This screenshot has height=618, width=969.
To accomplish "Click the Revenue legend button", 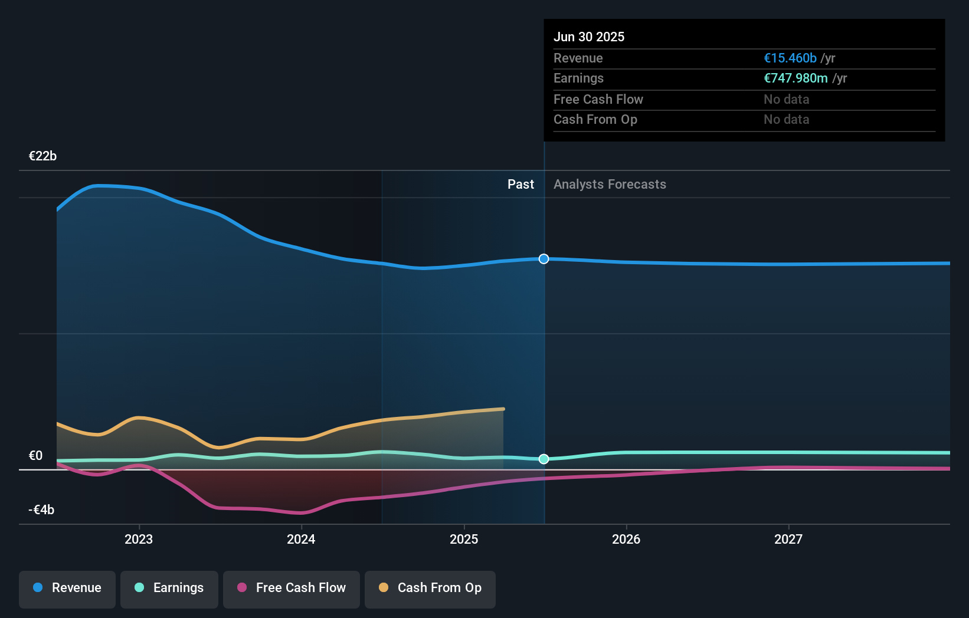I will point(67,588).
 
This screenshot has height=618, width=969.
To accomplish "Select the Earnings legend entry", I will point(169,588).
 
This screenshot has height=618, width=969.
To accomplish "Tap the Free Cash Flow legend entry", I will point(292,588).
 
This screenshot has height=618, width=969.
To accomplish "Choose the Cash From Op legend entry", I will point(430,588).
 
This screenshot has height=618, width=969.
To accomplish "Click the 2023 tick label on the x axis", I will point(139,539).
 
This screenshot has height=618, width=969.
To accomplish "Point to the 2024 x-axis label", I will point(301,539).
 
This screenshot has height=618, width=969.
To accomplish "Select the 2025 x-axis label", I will point(464,539).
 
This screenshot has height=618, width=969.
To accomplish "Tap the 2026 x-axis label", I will point(626,539).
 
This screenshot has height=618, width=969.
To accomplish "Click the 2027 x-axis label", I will point(788,539).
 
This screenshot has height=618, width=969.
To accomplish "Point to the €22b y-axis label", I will point(42,156).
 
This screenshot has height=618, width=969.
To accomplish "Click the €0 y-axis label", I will point(35,456).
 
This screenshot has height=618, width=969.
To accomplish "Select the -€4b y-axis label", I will point(41,510).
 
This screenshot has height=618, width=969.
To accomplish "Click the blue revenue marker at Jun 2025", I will point(544,259).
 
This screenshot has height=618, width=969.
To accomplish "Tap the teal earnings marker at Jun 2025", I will point(544,459).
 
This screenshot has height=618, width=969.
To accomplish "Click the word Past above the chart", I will point(520,185).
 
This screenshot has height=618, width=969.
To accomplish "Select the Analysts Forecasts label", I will point(610,185).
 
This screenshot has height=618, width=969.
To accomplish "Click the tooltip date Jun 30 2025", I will point(588,37).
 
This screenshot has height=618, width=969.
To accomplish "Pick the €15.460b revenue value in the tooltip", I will point(790,58).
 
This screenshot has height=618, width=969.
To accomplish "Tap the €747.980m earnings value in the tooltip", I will point(796,78).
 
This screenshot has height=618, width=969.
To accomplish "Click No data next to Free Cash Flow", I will point(786,100).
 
